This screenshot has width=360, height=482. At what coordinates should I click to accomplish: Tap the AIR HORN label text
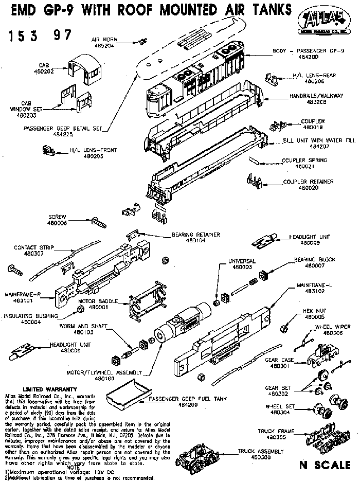pyautogui.click(x=103, y=39)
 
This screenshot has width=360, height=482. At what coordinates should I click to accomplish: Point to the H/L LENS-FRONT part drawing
pyautogui.click(x=48, y=150)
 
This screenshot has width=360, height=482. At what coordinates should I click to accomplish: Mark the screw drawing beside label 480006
pyautogui.click(x=97, y=222)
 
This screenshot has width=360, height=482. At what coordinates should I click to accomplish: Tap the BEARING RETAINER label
pyautogui.click(x=196, y=235)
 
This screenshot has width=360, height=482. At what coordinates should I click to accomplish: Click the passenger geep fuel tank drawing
pyautogui.click(x=122, y=394)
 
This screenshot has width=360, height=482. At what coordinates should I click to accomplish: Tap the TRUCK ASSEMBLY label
pyautogui.click(x=261, y=451)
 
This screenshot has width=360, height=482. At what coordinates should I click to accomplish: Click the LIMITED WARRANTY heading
pyautogui.click(x=51, y=389)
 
